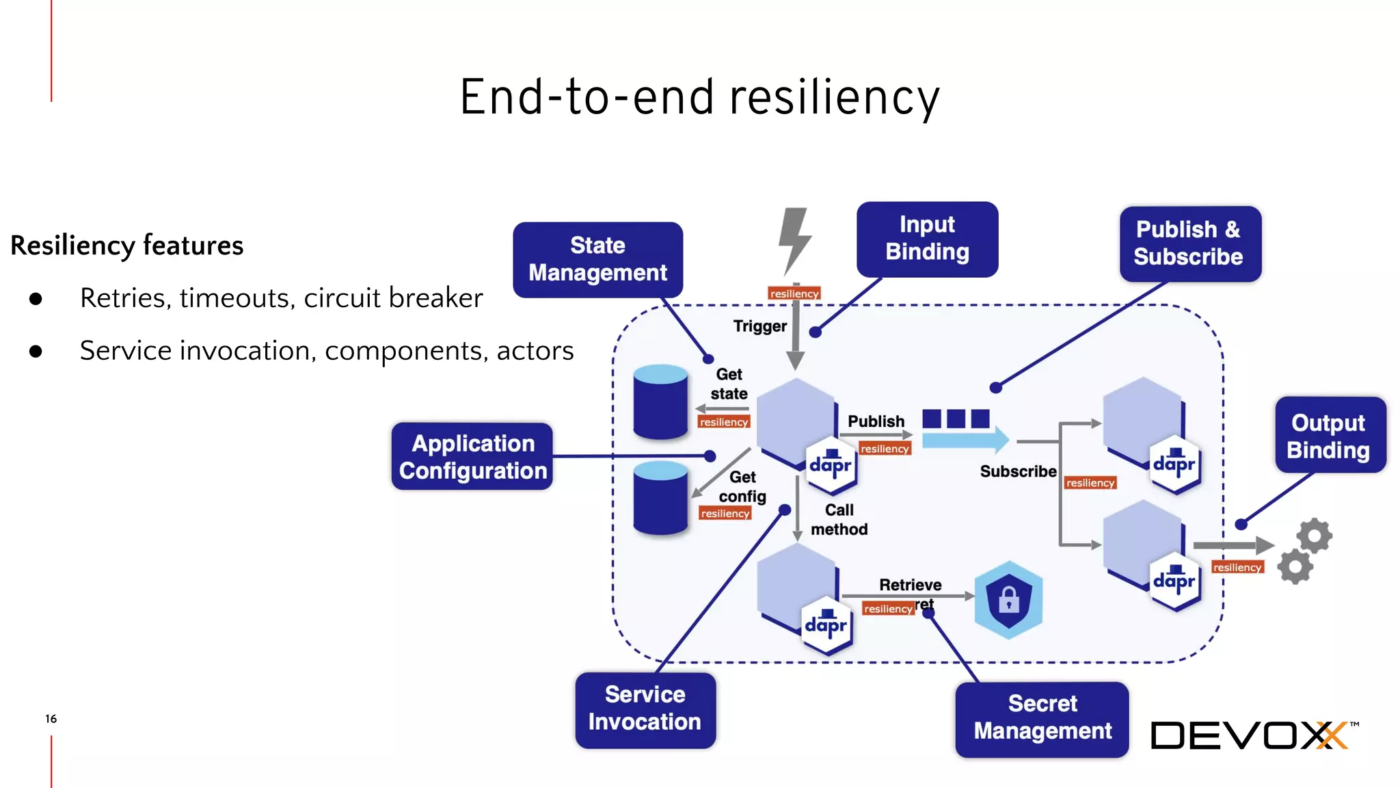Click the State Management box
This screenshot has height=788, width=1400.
[597, 259]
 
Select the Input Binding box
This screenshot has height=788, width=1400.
[927, 239]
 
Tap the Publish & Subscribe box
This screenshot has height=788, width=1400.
[1189, 244]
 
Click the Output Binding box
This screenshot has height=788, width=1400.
[1329, 436]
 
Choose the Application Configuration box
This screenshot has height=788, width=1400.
[472, 457]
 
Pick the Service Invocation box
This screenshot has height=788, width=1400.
[645, 709]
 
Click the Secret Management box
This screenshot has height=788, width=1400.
[1042, 718]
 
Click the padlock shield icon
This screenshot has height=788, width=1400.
[1008, 600]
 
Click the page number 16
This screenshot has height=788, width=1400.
[51, 719]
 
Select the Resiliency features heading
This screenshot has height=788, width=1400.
[127, 246]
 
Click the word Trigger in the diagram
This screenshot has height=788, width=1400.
[759, 326]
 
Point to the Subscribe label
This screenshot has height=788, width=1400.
[1017, 471]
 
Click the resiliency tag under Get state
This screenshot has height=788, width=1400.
[723, 422]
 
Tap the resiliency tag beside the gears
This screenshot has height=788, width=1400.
[1237, 567]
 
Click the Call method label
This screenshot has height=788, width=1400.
[839, 519]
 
